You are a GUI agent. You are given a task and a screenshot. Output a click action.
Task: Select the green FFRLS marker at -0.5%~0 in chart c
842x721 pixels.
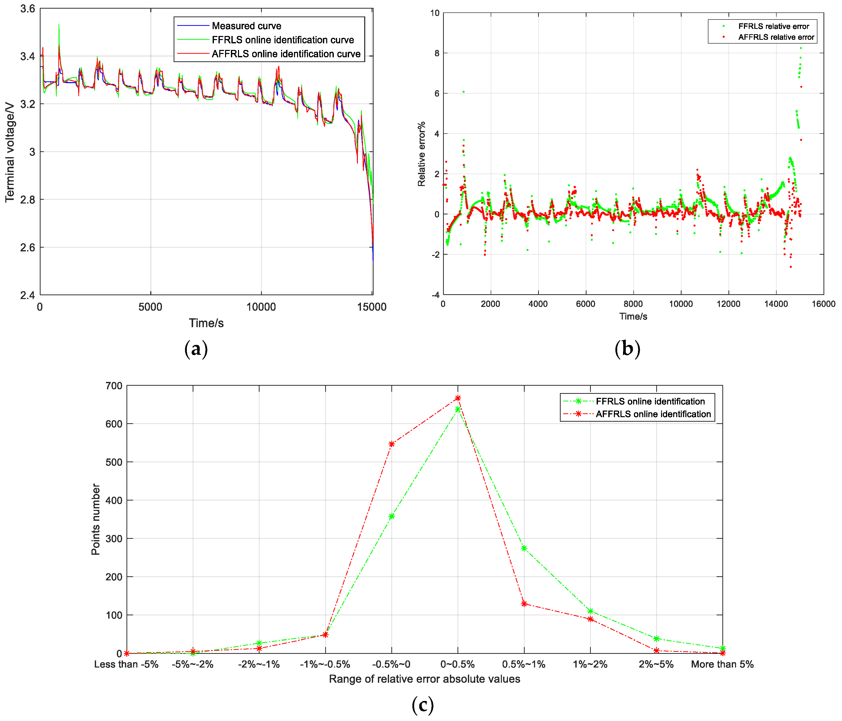click(x=392, y=516)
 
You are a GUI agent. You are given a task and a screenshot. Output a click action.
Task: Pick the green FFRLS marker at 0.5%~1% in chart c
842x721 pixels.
click(x=524, y=548)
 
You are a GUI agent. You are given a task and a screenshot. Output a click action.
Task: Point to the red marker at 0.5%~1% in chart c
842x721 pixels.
click(x=524, y=604)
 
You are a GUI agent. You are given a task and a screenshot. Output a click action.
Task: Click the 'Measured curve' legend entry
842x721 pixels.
click(x=246, y=26)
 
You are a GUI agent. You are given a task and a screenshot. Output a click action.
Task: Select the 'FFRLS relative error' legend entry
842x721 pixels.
click(x=773, y=26)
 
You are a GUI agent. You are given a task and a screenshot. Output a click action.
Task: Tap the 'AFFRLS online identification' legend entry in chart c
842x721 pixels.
click(x=653, y=414)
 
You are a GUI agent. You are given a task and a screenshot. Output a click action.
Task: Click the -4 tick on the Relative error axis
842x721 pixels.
click(x=436, y=295)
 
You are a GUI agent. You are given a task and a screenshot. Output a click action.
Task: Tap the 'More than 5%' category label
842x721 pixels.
click(x=722, y=664)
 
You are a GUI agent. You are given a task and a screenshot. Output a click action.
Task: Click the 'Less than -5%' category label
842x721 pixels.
click(x=126, y=664)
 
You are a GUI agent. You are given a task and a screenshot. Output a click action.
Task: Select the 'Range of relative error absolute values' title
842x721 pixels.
click(x=424, y=679)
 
